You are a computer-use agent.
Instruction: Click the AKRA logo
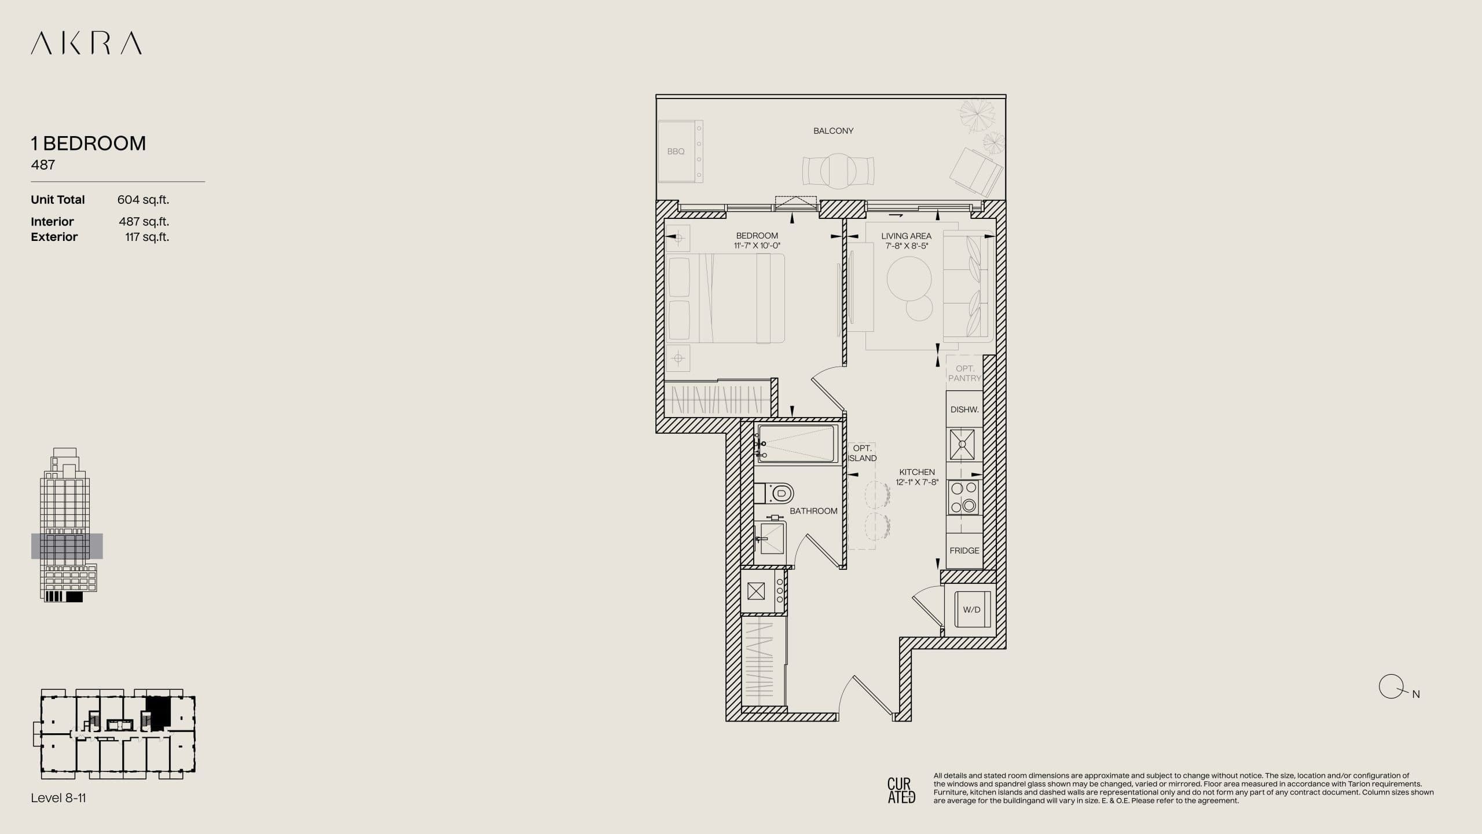pyautogui.click(x=86, y=43)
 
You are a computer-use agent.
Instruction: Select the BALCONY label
pyautogui.click(x=833, y=131)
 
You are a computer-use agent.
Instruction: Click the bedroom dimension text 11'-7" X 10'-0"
pyautogui.click(x=757, y=246)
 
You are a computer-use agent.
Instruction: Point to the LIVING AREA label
pyautogui.click(x=906, y=236)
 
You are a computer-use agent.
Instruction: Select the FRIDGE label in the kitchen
pyautogui.click(x=964, y=551)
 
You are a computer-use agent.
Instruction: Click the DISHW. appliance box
pyautogui.click(x=964, y=409)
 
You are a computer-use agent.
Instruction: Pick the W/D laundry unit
pyautogui.click(x=971, y=610)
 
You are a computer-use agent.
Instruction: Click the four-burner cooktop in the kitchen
pyautogui.click(x=963, y=498)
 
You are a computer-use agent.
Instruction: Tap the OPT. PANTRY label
pyautogui.click(x=964, y=373)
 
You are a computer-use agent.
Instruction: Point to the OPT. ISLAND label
pyautogui.click(x=862, y=453)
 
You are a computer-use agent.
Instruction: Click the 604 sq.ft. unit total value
pyautogui.click(x=143, y=200)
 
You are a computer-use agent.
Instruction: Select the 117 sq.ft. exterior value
pyautogui.click(x=147, y=237)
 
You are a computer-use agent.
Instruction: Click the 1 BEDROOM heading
pyautogui.click(x=89, y=143)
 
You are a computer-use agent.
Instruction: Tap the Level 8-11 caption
pyautogui.click(x=58, y=798)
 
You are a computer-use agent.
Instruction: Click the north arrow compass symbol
pyautogui.click(x=1391, y=687)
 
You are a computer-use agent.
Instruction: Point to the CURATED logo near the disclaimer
pyautogui.click(x=901, y=791)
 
